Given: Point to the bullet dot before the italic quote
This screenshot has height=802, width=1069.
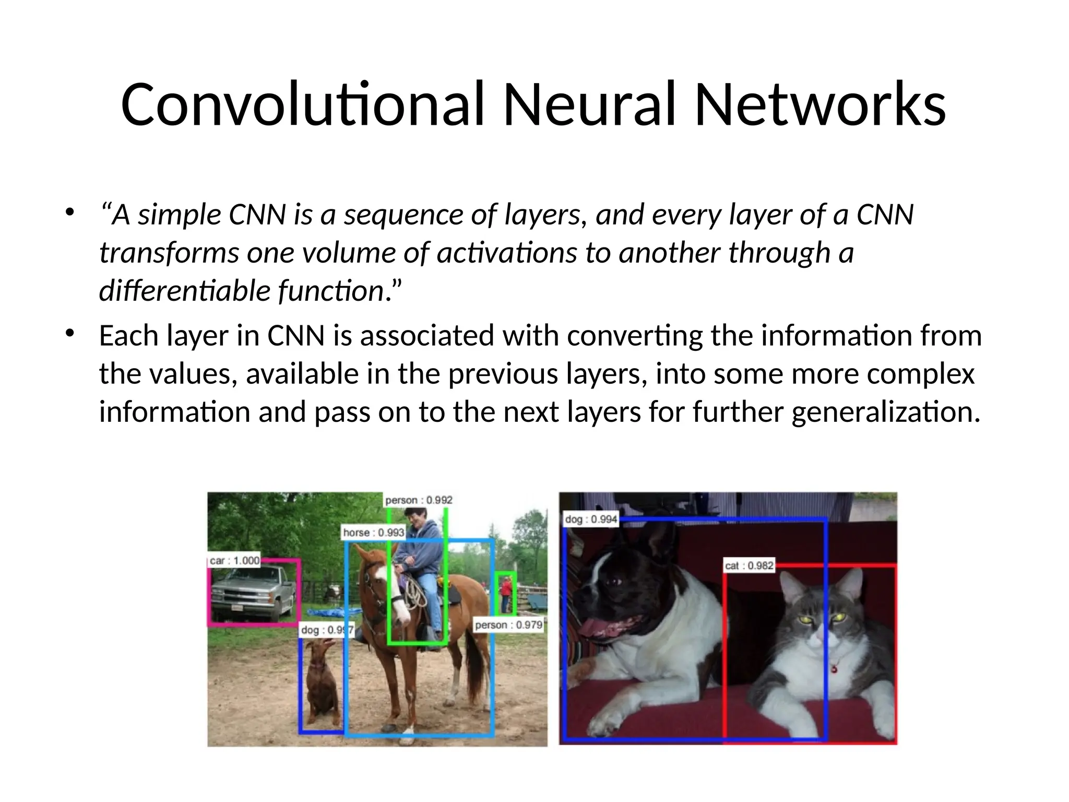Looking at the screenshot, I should [x=69, y=213].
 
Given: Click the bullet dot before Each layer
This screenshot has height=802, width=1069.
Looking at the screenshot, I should [x=69, y=333].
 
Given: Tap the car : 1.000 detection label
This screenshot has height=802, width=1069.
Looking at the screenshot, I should [x=234, y=561].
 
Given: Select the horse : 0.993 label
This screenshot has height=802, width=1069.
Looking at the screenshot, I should [x=373, y=533].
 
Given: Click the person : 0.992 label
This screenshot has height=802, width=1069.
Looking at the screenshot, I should [x=419, y=500].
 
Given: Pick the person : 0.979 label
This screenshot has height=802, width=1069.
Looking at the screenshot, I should [x=508, y=625].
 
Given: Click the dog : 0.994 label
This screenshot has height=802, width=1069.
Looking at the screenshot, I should [x=591, y=520].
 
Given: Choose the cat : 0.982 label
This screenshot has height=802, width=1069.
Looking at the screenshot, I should [x=749, y=565].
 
